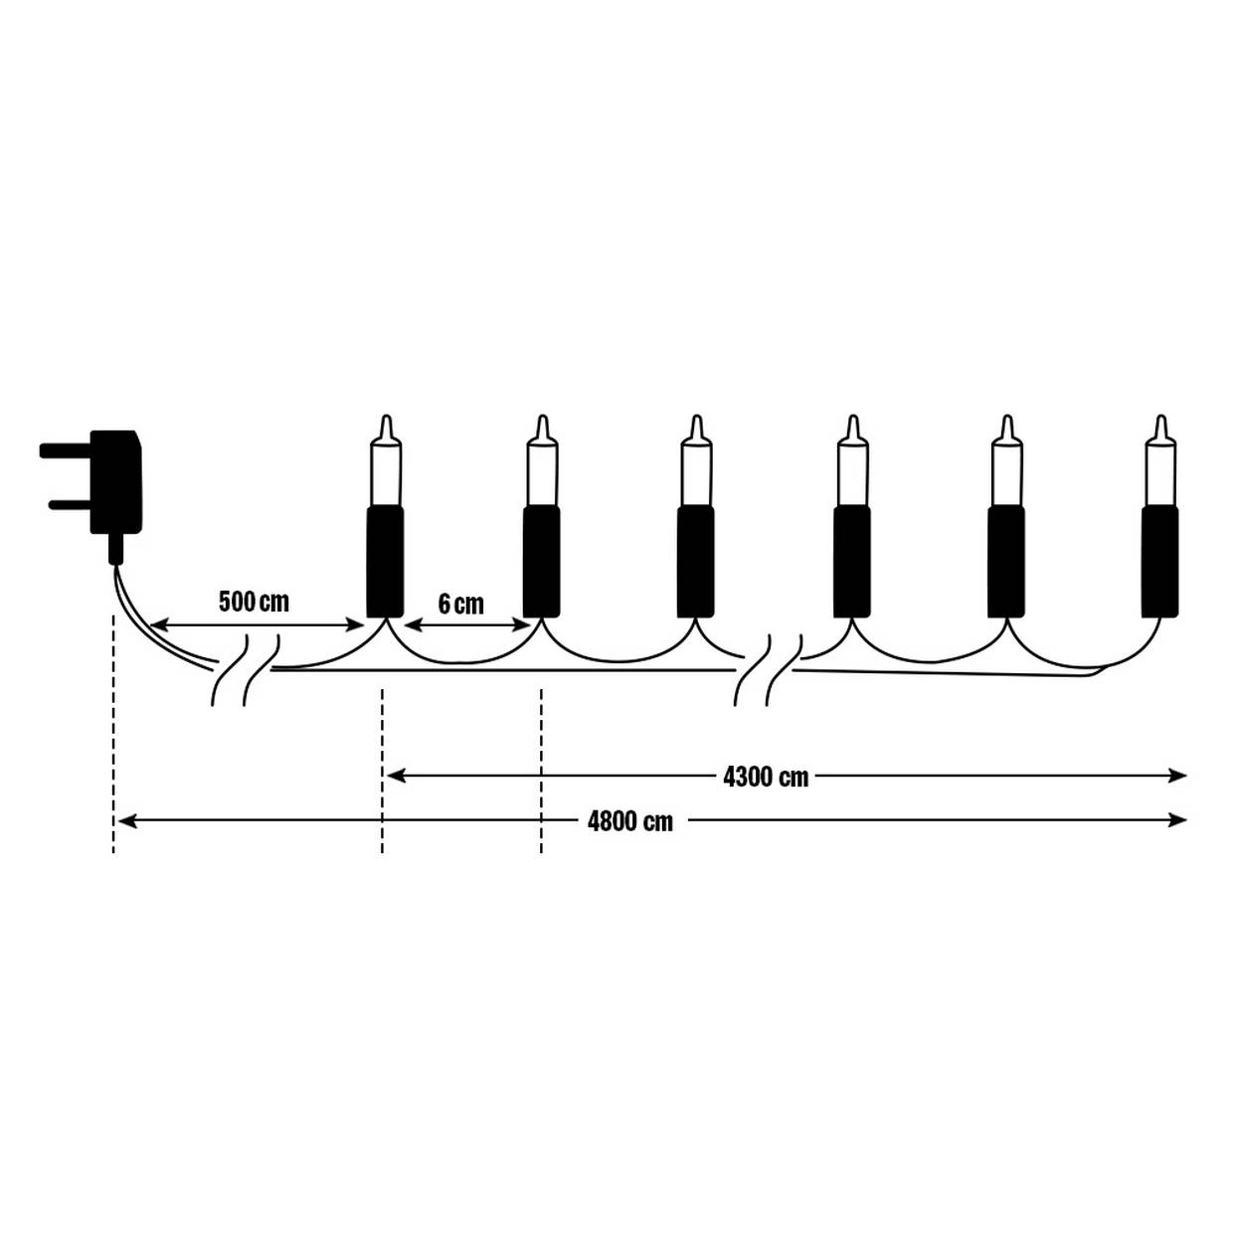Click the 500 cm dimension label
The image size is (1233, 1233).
pos(254,602)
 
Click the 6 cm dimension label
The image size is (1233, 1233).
pos(460,604)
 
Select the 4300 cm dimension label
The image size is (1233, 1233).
pos(766,777)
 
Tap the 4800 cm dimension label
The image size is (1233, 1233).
pos(629,821)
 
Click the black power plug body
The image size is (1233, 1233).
pos(115,482)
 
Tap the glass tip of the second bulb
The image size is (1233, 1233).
pos(542,429)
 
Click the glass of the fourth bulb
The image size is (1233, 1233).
pos(852,472)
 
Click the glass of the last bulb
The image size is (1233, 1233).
pos(1159,472)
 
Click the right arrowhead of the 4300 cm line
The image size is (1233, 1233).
pos(1179,776)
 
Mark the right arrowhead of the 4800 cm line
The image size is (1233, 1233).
pos(1179,820)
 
